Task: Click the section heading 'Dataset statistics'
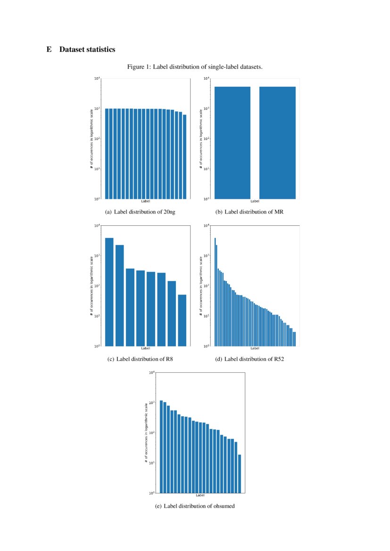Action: point(87,49)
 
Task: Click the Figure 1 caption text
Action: point(195,67)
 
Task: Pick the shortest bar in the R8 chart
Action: point(182,320)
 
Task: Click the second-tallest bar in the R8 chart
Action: point(119,295)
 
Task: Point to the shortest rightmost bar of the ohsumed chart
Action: point(240,473)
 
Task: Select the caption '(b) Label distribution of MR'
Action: point(249,212)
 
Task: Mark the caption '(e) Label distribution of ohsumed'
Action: point(195,506)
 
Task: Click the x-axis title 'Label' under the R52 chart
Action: point(255,348)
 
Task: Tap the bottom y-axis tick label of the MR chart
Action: point(206,199)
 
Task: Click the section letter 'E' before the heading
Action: point(49,49)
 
